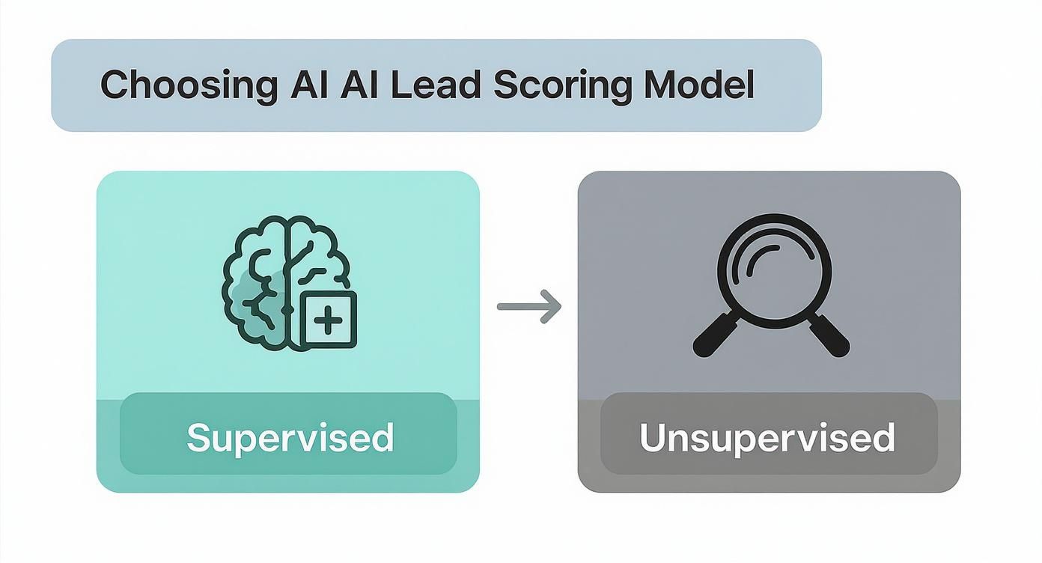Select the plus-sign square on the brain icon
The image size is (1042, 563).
(x=328, y=320)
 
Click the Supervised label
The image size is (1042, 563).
(x=290, y=437)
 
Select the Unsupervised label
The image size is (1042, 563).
(x=767, y=437)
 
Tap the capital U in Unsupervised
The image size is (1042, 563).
(x=653, y=437)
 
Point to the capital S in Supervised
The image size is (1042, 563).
(x=198, y=437)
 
